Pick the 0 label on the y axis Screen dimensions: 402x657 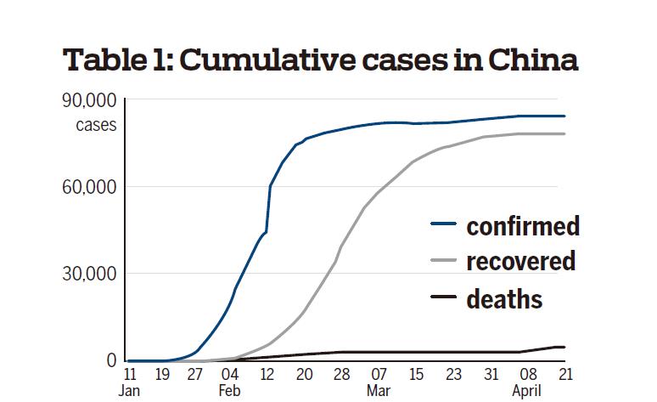(x=110, y=361)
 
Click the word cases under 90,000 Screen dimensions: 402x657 (x=96, y=126)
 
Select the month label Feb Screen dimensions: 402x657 (x=230, y=392)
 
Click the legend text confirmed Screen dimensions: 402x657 (x=522, y=226)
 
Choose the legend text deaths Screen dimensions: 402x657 (x=503, y=298)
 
